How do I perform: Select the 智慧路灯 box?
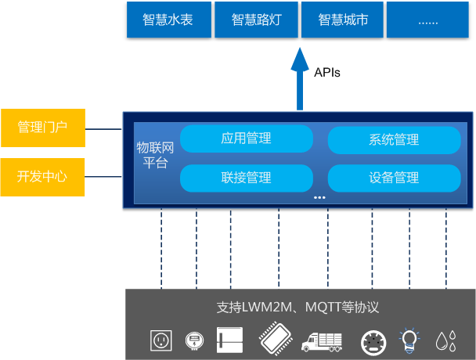(255, 20)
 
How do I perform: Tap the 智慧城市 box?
(343, 20)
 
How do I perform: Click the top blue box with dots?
(428, 20)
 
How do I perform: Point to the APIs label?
(328, 72)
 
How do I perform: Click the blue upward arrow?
(299, 78)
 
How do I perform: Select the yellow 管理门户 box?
(42, 128)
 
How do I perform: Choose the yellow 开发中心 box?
(42, 176)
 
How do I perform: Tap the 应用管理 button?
(246, 139)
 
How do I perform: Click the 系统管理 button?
(393, 140)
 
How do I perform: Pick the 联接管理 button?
(246, 178)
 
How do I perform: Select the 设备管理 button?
(393, 178)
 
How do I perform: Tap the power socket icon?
(160, 340)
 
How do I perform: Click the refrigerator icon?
(229, 340)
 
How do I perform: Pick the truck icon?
(321, 340)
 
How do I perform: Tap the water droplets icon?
(446, 340)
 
